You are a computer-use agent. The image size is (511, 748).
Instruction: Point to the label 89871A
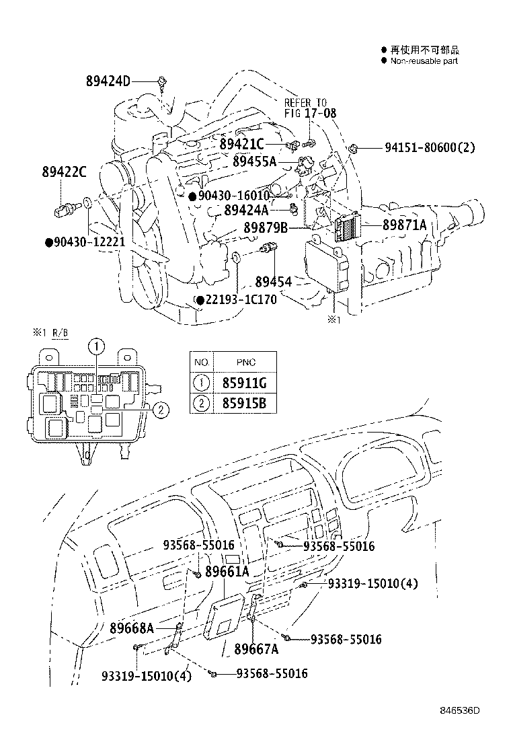point(405,225)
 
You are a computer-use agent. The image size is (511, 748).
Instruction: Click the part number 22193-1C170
point(241,299)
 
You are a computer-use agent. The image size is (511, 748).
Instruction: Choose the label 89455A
point(255,161)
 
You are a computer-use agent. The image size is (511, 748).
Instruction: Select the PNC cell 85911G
point(240,383)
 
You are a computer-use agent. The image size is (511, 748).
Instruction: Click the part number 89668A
point(132,628)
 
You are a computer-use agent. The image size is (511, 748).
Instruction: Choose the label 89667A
point(256,649)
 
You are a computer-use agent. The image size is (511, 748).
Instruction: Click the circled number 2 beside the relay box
point(159,409)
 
